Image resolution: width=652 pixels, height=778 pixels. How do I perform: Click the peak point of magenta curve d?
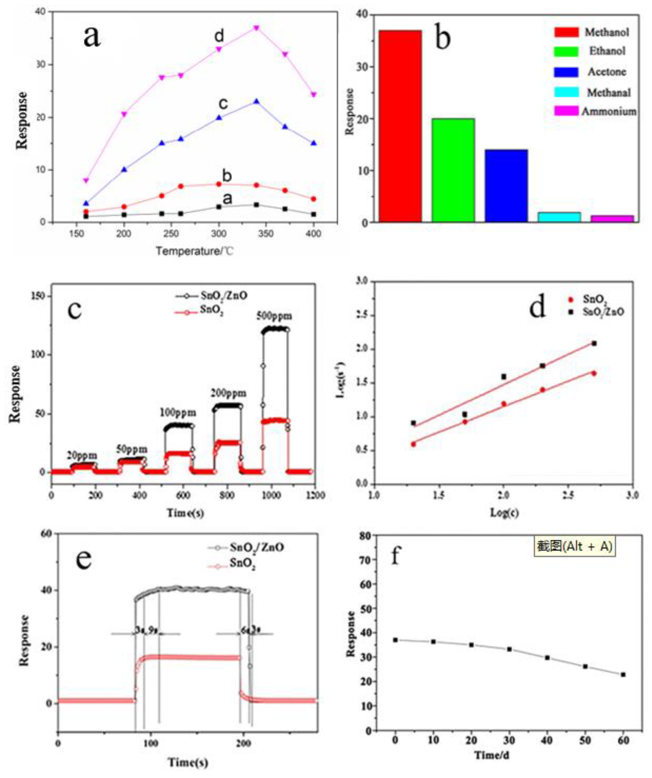click(256, 28)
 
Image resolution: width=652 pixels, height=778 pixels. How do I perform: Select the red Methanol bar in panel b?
click(400, 126)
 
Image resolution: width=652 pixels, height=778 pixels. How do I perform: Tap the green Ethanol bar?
click(453, 170)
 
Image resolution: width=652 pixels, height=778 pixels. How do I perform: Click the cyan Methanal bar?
click(559, 217)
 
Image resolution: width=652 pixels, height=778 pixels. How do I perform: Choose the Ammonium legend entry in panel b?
click(608, 111)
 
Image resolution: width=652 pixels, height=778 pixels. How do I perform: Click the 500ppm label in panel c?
click(274, 316)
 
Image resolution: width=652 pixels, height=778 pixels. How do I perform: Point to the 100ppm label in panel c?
click(178, 412)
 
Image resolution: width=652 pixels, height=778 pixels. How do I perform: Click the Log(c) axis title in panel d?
click(505, 513)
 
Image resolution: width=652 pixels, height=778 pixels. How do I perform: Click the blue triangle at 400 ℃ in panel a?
click(314, 143)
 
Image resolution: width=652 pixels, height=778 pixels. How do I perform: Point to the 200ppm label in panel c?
click(229, 393)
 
